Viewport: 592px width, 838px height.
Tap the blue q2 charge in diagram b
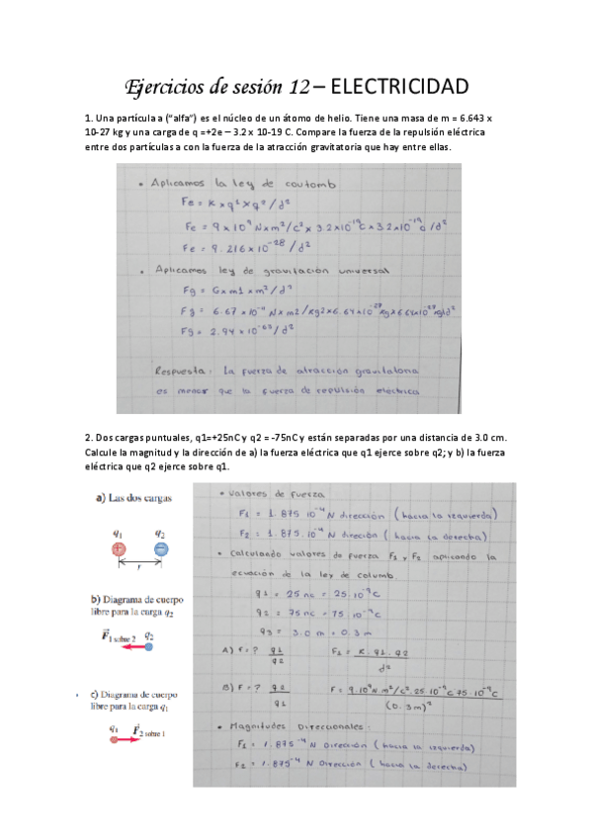pos(147,647)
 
